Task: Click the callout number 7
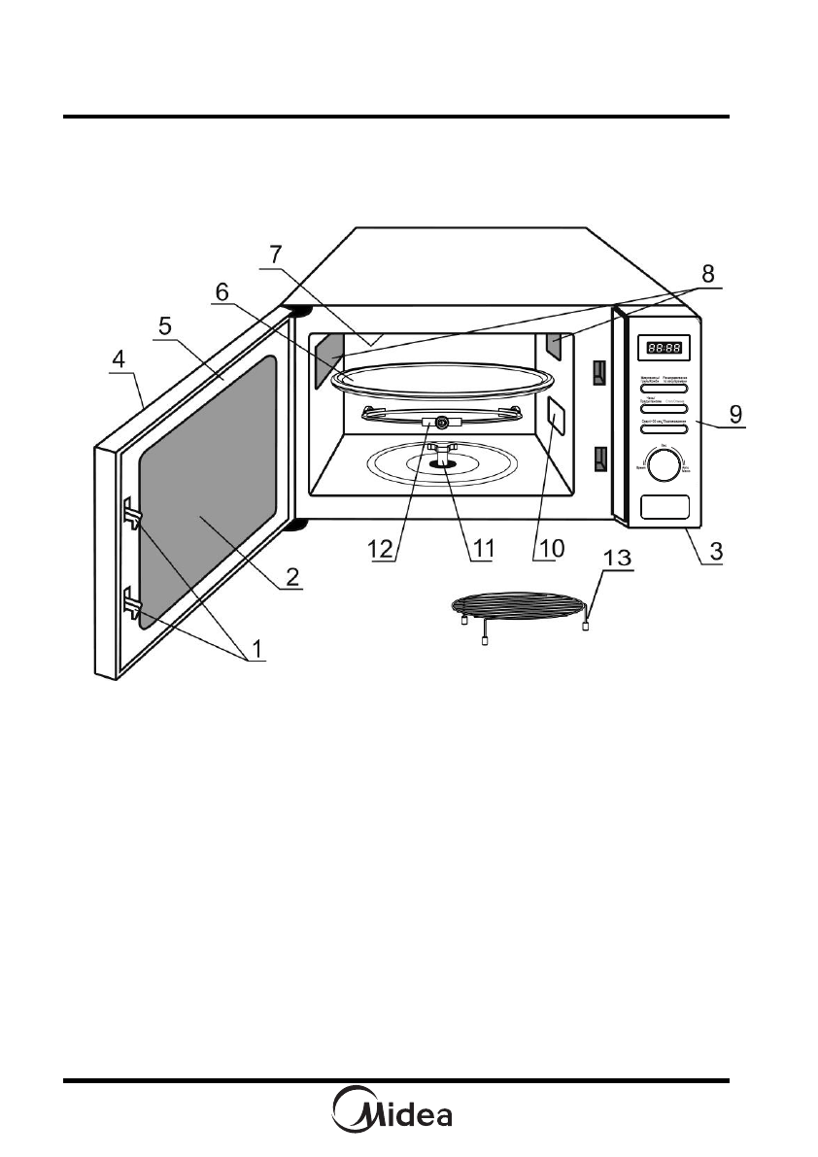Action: pyautogui.click(x=276, y=254)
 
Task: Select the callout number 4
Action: pyautogui.click(x=118, y=358)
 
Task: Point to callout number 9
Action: pyautogui.click(x=737, y=411)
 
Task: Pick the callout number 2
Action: pyautogui.click(x=290, y=577)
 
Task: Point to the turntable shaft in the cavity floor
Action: pyautogui.click(x=446, y=454)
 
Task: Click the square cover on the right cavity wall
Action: pyautogui.click(x=556, y=415)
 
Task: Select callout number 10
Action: pyautogui.click(x=550, y=549)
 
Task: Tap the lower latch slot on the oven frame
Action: pyautogui.click(x=599, y=459)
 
